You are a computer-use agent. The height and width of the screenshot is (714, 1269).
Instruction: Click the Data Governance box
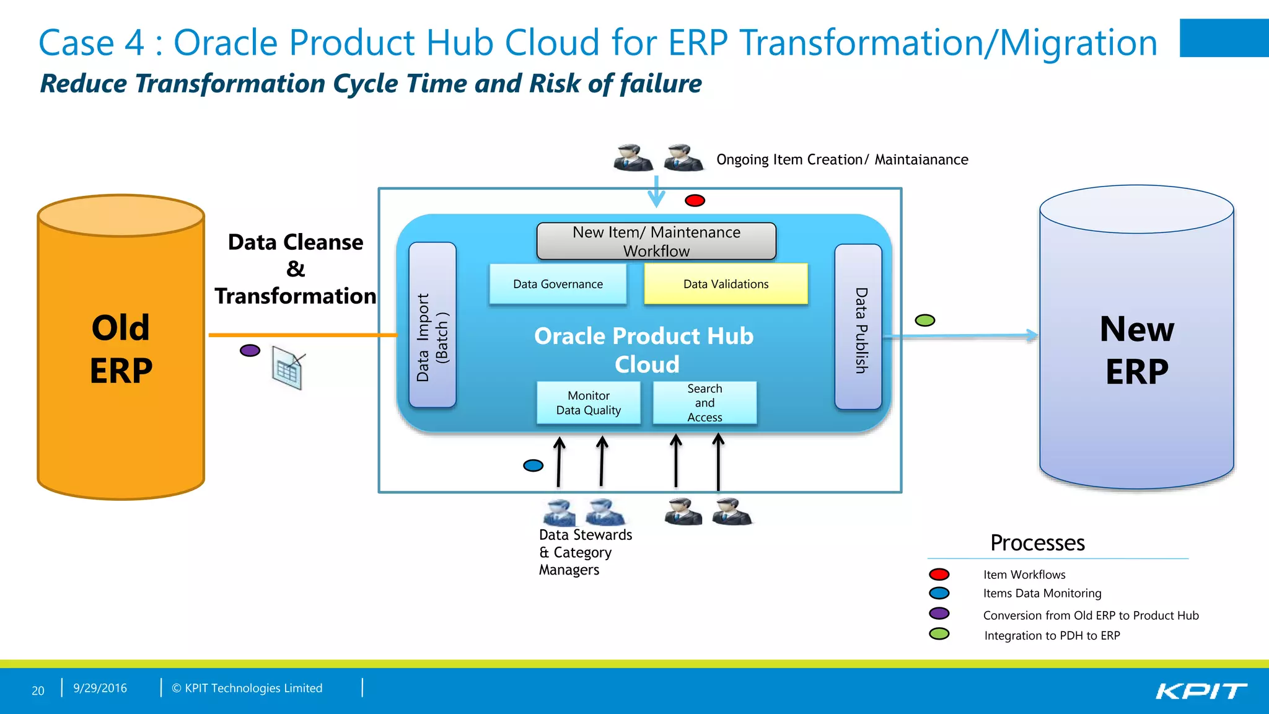click(558, 284)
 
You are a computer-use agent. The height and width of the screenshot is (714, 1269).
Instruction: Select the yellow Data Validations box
click(726, 284)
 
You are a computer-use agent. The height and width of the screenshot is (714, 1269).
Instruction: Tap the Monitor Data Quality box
click(588, 403)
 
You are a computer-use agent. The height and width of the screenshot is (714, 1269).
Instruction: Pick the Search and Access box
click(705, 403)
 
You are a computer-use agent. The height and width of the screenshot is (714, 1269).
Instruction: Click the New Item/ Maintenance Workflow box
click(656, 241)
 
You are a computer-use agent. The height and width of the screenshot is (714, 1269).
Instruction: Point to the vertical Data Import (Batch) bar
click(433, 325)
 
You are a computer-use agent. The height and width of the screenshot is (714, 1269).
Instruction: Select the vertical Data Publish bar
click(858, 327)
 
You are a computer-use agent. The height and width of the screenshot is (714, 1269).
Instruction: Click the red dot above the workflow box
click(695, 200)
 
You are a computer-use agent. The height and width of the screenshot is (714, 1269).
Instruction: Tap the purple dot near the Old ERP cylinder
click(250, 350)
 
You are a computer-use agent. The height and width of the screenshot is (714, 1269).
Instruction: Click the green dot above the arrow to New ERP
click(924, 320)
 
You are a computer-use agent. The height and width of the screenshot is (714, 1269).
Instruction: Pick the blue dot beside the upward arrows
click(533, 465)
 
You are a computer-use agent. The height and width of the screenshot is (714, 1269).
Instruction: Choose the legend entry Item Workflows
click(1024, 575)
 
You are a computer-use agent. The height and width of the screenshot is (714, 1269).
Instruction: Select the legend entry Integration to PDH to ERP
click(1052, 635)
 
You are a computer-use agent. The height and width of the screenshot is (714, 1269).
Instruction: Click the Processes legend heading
click(1037, 543)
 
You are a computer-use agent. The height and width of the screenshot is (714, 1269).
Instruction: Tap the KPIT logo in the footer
click(1201, 690)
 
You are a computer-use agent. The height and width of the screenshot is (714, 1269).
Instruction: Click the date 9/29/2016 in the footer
click(100, 688)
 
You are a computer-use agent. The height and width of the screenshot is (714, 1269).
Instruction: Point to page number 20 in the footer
click(38, 690)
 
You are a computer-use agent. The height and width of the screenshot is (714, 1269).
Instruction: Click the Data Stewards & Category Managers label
click(584, 552)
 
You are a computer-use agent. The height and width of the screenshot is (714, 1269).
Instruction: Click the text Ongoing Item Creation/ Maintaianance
click(841, 160)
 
